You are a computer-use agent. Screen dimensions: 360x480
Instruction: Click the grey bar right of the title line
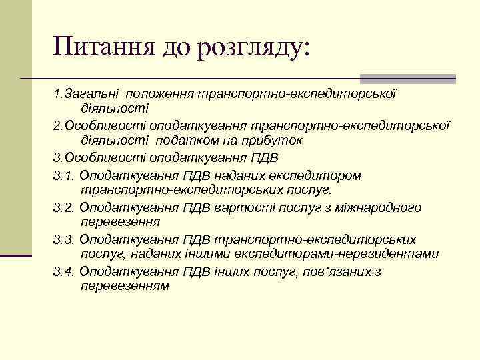click(x=407, y=79)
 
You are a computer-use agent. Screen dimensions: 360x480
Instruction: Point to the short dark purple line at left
click(x=16, y=255)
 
